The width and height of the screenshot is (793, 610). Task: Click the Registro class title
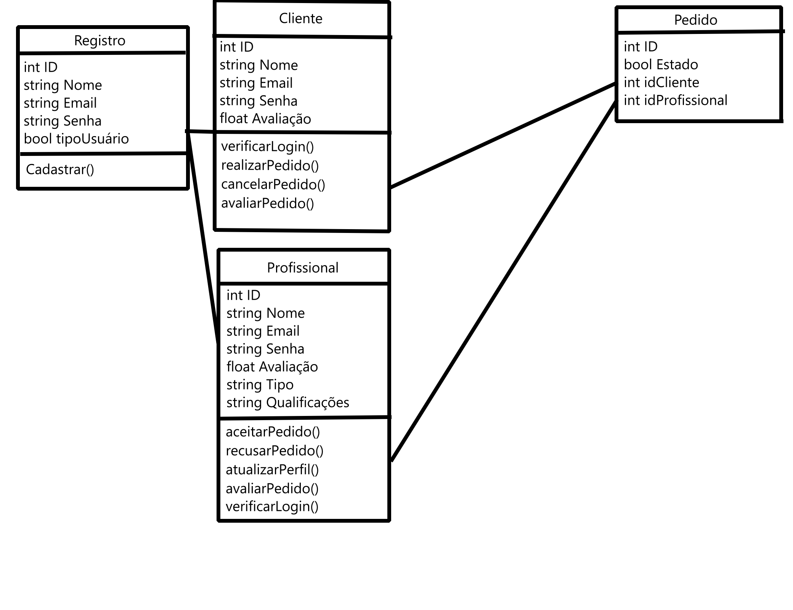coord(100,40)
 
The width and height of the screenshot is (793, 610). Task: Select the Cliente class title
coord(300,18)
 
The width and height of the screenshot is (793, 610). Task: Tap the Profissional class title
coord(302,268)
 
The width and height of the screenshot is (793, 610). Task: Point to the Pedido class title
coord(695,20)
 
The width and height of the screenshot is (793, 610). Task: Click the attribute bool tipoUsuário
coord(76,139)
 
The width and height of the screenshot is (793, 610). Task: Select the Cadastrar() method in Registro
coord(60,170)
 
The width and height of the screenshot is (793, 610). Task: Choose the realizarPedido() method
coord(270,165)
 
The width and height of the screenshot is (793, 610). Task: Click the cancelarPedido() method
coord(273,185)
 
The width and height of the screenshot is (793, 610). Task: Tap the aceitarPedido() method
coord(273,432)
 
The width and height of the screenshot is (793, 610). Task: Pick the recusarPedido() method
coord(274,451)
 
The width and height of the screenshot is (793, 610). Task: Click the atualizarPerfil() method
coord(272,470)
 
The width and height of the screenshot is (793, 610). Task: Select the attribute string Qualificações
coord(287,403)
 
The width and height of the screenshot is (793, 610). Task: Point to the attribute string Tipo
coord(260,385)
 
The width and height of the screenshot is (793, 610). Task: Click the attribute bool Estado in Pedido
coord(661,64)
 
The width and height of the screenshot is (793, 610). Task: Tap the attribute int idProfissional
coord(675,100)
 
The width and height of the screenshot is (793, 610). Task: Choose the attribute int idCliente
coord(661,82)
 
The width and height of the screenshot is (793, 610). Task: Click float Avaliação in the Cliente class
coord(265,119)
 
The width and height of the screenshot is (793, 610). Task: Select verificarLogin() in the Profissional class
coord(272,506)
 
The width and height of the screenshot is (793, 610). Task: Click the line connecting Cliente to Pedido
coord(503,135)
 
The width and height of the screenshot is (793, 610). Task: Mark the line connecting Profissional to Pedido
coord(503,281)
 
